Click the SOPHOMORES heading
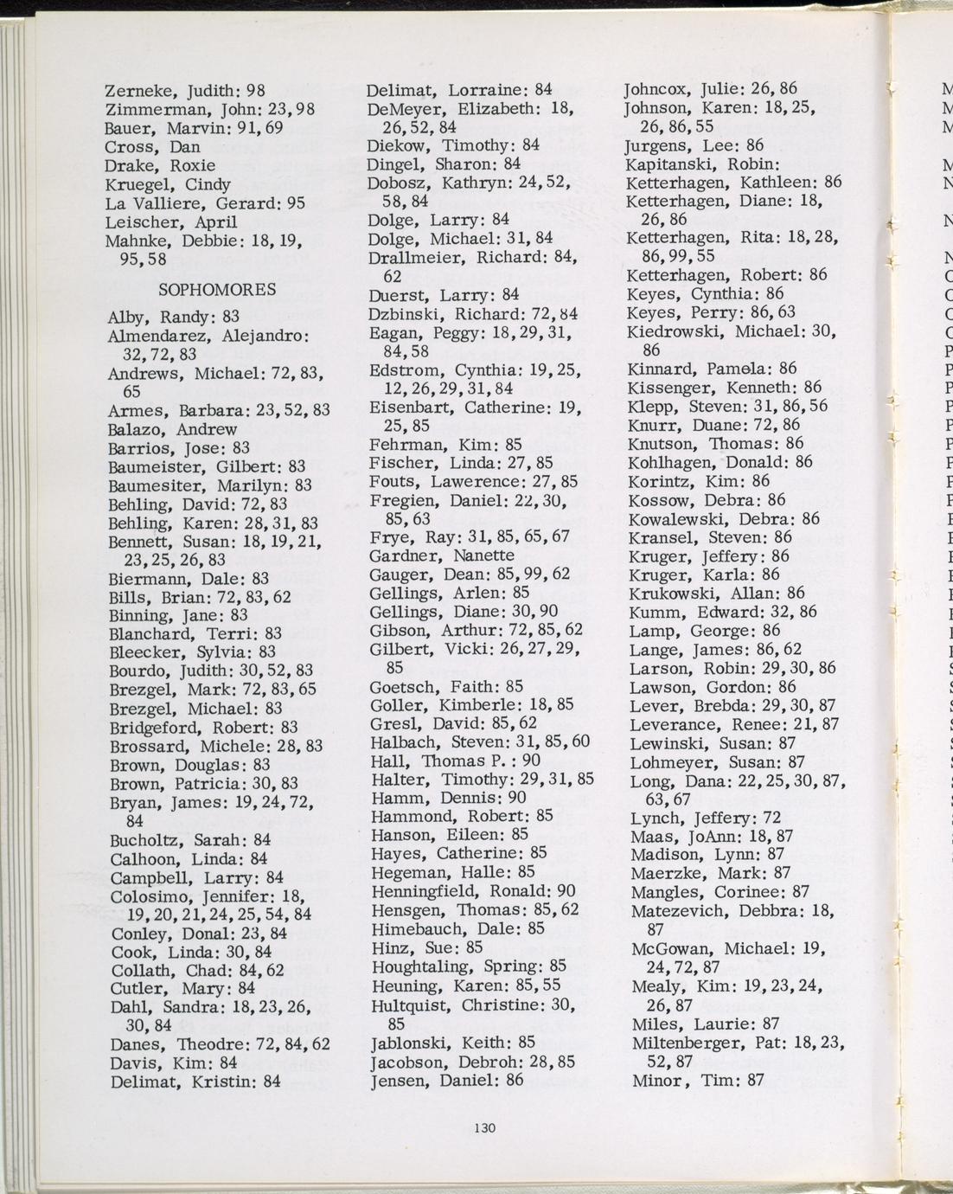(217, 289)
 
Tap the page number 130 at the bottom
(485, 1127)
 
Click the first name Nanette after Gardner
(483, 555)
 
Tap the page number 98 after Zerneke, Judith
(255, 90)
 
